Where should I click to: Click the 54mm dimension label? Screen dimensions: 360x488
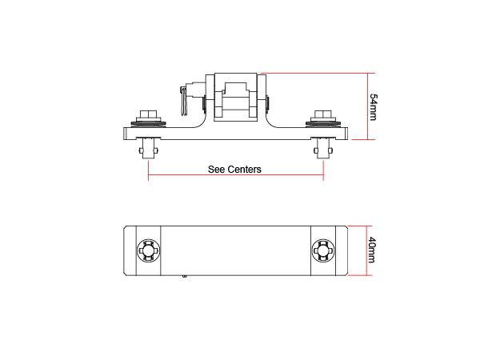click(374, 106)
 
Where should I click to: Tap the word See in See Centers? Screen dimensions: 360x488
click(218, 170)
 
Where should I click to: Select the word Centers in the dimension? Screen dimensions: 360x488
click(246, 170)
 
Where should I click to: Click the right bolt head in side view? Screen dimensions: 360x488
click(322, 114)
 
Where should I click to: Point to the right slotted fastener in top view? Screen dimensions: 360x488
click(322, 250)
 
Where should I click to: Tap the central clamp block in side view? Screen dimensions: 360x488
click(235, 99)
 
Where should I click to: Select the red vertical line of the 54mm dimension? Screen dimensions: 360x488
click(366, 106)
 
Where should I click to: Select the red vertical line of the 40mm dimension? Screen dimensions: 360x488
click(366, 250)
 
